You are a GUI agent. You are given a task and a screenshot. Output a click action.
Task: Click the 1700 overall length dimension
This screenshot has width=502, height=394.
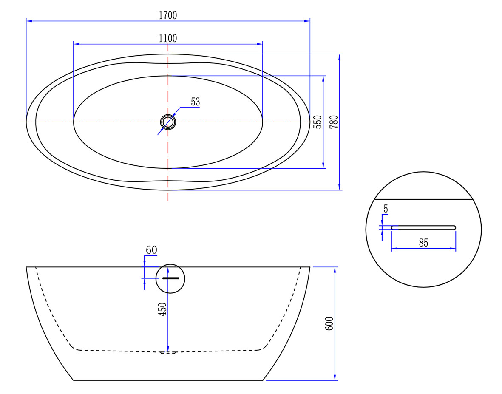pos(168,15)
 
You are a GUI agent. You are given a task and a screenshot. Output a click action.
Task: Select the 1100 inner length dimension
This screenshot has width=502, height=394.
pos(168,38)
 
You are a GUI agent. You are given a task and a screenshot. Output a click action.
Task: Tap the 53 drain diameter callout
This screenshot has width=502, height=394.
pos(195,102)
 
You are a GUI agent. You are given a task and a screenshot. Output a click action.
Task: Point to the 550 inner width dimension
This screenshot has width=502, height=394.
pos(317,122)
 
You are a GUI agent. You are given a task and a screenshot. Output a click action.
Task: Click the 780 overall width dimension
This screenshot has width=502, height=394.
pos(334,122)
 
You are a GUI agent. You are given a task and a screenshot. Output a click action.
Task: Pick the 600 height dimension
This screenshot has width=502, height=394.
pos(329,323)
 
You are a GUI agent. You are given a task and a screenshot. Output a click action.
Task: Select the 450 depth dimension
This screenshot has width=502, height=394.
pos(163,309)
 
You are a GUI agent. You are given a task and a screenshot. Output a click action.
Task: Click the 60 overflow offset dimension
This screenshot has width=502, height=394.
pos(151,249)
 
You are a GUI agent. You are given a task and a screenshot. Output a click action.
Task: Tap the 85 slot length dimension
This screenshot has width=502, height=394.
pos(423,243)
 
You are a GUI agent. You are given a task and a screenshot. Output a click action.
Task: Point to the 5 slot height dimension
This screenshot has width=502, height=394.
pos(386,209)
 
